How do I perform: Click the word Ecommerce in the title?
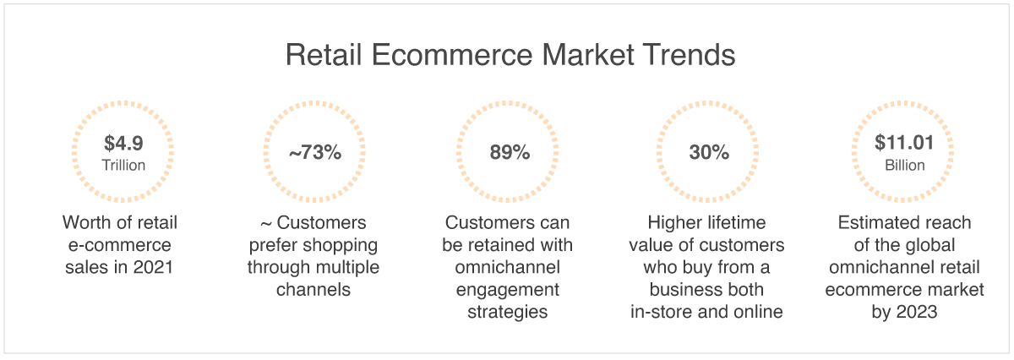(x=452, y=55)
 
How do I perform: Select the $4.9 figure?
(x=123, y=143)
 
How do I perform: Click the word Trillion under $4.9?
(x=123, y=166)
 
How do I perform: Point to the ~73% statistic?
(x=315, y=152)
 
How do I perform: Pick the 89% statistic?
(x=510, y=152)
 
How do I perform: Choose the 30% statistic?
(x=709, y=152)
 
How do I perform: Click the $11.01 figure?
(x=904, y=143)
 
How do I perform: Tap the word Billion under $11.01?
(x=904, y=166)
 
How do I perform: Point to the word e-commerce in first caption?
(x=119, y=245)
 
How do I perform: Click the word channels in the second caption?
(x=313, y=290)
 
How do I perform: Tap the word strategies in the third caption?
(x=508, y=312)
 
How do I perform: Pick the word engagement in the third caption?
(x=508, y=290)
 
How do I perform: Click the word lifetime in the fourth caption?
(x=737, y=222)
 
